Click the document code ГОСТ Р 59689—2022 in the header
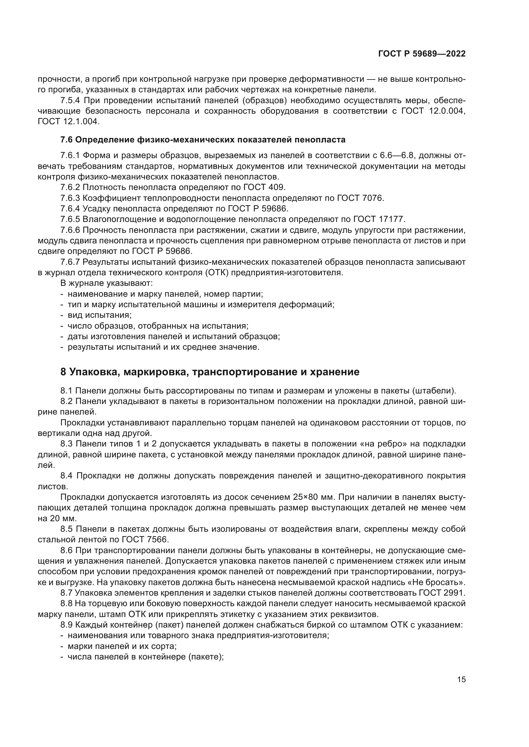[x=422, y=54]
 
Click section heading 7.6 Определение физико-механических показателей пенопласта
[x=202, y=140]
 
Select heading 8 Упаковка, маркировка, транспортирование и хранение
[x=210, y=372]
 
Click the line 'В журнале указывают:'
[x=107, y=283]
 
